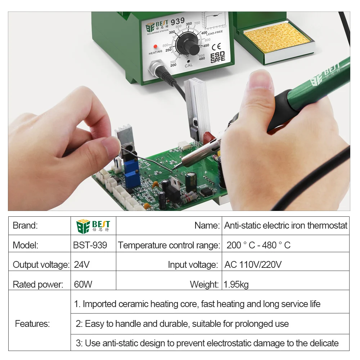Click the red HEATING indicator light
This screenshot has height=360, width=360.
click(156, 46)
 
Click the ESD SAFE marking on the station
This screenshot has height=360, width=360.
click(217, 57)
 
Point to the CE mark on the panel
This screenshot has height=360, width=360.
click(216, 46)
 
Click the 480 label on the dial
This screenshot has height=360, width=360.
click(202, 59)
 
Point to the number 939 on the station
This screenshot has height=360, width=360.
click(177, 21)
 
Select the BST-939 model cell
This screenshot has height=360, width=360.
click(90, 245)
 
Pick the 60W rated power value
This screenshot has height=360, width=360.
click(83, 284)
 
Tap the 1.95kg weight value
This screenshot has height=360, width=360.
click(236, 284)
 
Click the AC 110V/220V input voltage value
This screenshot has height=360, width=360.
click(253, 265)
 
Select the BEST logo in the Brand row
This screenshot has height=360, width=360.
click(93, 226)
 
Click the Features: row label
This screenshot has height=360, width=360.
click(32, 324)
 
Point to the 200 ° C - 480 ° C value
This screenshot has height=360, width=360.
click(258, 245)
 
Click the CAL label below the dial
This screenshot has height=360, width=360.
click(189, 66)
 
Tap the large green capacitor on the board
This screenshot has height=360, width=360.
click(191, 182)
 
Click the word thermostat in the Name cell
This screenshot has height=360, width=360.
click(327, 225)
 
